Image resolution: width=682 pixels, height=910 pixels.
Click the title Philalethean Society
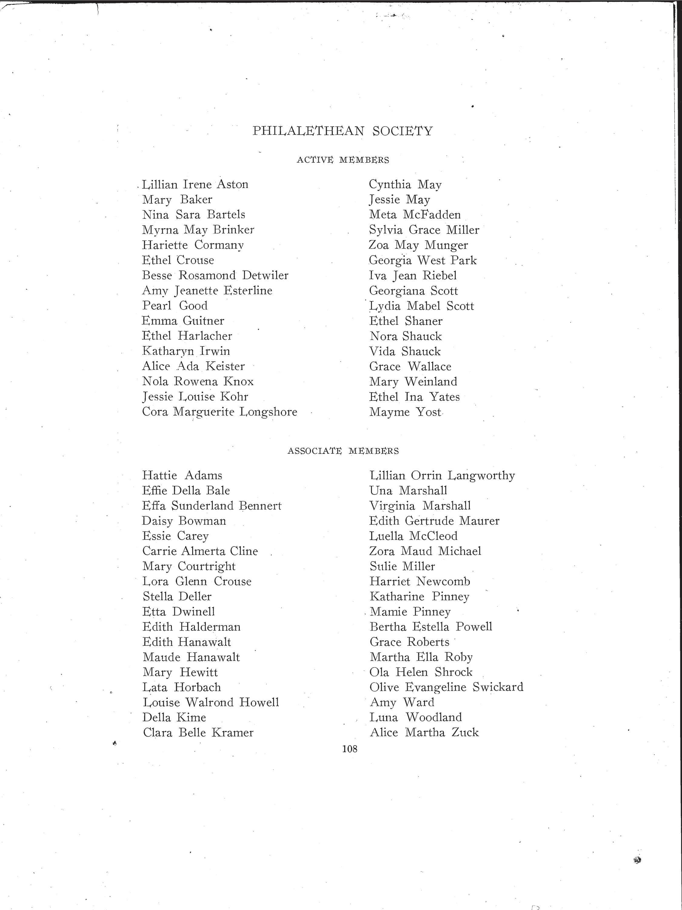coord(343,131)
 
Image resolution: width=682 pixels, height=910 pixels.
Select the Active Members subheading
coord(343,160)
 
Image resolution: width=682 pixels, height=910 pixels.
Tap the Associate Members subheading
coord(343,451)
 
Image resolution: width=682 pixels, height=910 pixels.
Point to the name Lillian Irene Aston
coord(195,184)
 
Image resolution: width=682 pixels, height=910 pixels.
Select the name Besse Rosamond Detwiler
coord(215,275)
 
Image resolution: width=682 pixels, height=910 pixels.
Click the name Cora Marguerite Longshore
coord(219,412)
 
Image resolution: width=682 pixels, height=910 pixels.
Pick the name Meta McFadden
coord(415,215)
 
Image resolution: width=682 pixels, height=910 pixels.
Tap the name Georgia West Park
coord(423,260)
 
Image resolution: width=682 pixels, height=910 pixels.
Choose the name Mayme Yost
coord(405,412)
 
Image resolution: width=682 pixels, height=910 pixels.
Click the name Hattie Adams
coord(182,476)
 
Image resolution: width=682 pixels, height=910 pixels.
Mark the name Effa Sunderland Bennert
coord(212,506)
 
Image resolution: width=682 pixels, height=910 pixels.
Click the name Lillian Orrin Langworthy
coord(442,476)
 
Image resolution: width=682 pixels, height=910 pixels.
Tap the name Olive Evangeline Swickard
coord(446,687)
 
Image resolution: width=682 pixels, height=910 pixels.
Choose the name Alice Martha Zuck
coord(424,733)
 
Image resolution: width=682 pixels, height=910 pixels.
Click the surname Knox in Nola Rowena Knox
coord(239,381)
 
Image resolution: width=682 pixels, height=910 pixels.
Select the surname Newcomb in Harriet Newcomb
coord(443,581)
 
